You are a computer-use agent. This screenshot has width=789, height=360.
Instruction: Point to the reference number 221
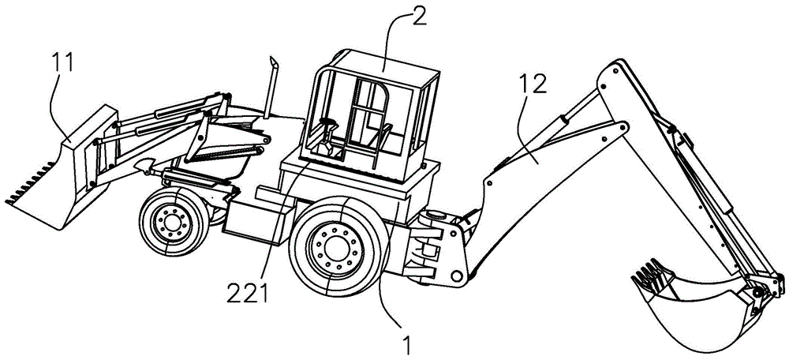click(247, 294)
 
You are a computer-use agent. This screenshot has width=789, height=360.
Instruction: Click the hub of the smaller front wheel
click(172, 222)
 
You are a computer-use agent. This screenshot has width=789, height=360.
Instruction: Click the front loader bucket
click(61, 171)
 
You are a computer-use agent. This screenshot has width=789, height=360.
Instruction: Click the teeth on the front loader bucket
click(30, 182)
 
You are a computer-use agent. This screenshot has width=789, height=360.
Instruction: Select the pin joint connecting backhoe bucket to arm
click(758, 292)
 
